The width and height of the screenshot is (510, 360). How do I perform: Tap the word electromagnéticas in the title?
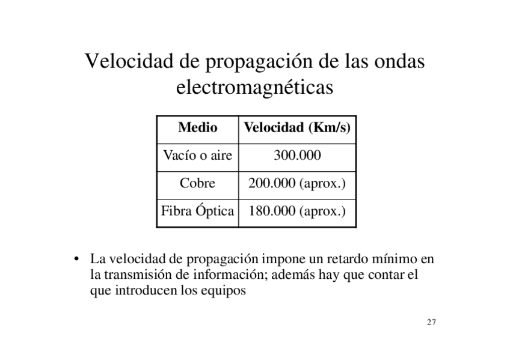pyautogui.click(x=254, y=88)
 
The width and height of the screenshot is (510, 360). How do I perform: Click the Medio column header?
pyautogui.click(x=197, y=128)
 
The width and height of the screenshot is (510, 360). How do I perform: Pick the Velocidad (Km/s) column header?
pyautogui.click(x=297, y=128)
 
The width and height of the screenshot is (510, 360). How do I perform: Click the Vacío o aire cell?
pyautogui.click(x=197, y=156)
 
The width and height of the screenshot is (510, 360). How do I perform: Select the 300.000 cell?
pyautogui.click(x=297, y=156)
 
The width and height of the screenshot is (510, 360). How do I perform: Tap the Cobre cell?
pyautogui.click(x=197, y=183)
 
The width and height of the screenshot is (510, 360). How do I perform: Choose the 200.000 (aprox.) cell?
pyautogui.click(x=297, y=183)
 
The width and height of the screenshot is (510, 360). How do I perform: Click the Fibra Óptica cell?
pyautogui.click(x=197, y=212)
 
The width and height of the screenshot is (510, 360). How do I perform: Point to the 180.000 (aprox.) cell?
pyautogui.click(x=297, y=212)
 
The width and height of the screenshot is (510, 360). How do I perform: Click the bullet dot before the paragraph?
pyautogui.click(x=78, y=261)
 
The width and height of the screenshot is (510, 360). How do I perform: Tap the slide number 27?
pyautogui.click(x=431, y=323)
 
